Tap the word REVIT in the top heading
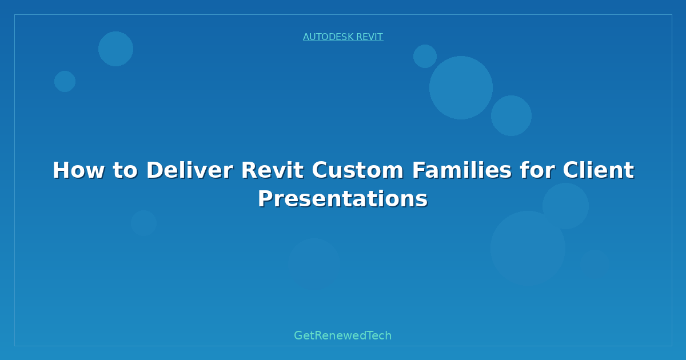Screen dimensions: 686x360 (x=370, y=37)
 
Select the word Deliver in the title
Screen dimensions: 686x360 (x=190, y=170)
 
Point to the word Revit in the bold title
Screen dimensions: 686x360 (x=273, y=170)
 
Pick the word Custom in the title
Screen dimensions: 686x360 (x=358, y=170)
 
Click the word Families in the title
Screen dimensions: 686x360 (x=462, y=170)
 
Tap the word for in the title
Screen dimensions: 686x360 (x=537, y=170)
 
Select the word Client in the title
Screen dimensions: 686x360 (x=599, y=170)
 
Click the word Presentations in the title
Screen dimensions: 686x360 (x=342, y=199)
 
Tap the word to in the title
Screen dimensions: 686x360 (x=126, y=171)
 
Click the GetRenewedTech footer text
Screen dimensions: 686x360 (x=342, y=335)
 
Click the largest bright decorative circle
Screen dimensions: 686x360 (x=461, y=87)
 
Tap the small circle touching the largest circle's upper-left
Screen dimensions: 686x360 (x=425, y=56)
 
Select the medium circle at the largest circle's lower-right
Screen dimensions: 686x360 (x=511, y=115)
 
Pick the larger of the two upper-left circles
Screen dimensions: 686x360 (x=115, y=49)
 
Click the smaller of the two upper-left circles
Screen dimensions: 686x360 (x=65, y=81)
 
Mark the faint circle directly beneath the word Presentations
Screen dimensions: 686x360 (x=314, y=265)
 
